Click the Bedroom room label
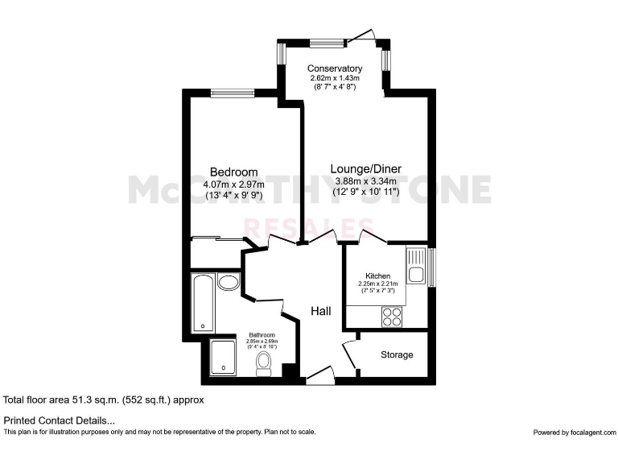click(x=233, y=172)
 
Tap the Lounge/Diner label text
click(x=362, y=168)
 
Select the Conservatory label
click(x=335, y=68)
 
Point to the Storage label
click(x=397, y=354)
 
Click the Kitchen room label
click(x=377, y=275)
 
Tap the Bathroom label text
click(x=262, y=335)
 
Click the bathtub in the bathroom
click(x=203, y=302)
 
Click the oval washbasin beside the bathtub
click(x=229, y=282)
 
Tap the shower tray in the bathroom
click(x=222, y=358)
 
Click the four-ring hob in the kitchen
click(x=393, y=317)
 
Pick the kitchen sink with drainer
click(x=416, y=267)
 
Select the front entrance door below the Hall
click(x=319, y=375)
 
